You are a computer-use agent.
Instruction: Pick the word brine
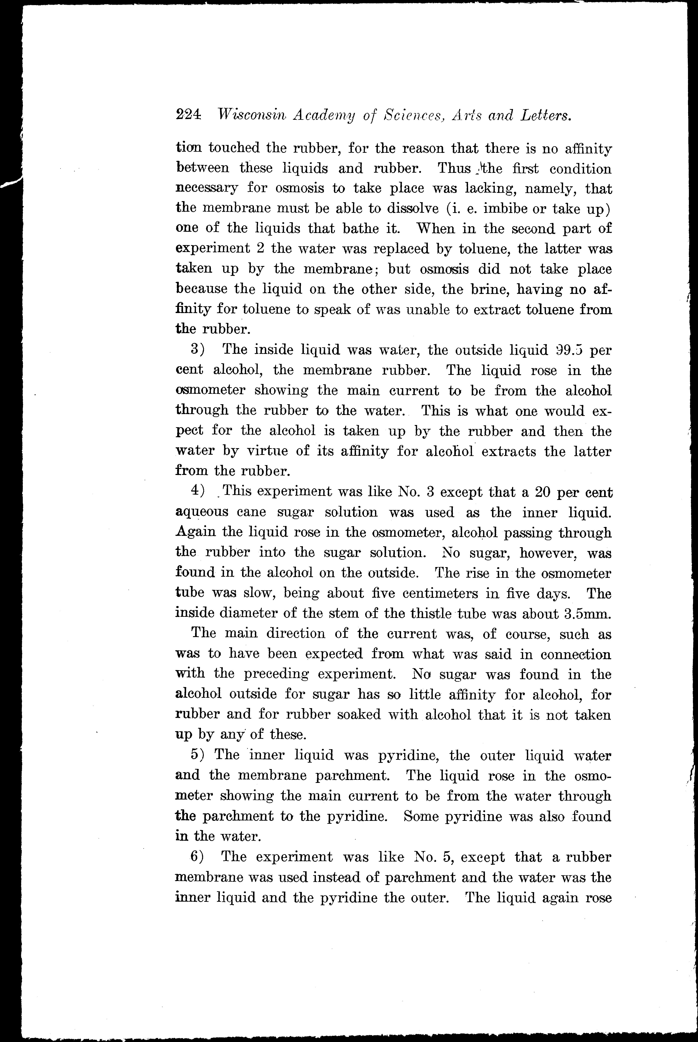(x=491, y=289)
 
